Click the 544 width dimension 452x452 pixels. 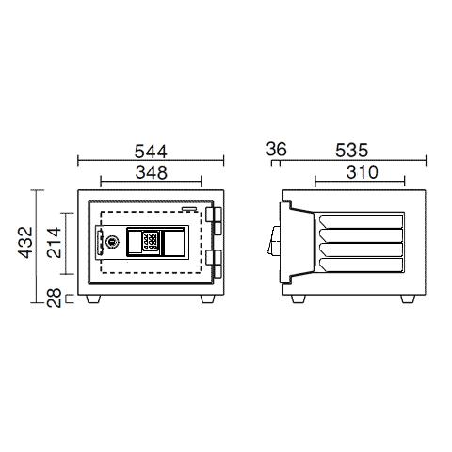(151, 152)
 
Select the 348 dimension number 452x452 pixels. (152, 172)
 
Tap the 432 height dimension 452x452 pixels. (25, 242)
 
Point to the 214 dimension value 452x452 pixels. (54, 242)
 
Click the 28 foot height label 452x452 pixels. (54, 298)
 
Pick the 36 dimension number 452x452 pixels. (276, 149)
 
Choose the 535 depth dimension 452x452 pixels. (351, 151)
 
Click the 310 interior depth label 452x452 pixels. (363, 172)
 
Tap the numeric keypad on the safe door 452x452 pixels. (150, 241)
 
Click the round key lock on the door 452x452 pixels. (111, 241)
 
